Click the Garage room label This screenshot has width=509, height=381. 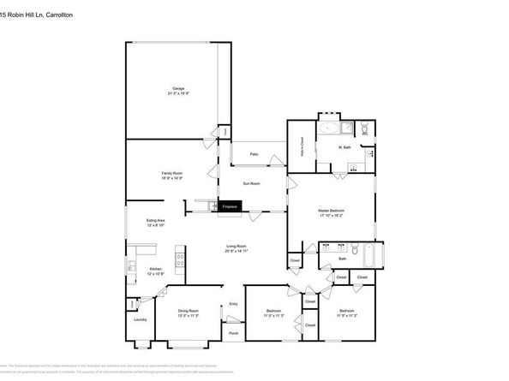coord(178,89)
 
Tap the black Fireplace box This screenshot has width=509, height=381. coord(230,206)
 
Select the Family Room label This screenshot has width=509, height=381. coord(171,173)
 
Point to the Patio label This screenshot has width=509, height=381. coord(254,154)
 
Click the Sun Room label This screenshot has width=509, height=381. coord(252,182)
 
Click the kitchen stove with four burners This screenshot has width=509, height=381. coord(180,255)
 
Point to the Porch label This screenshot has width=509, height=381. coord(232,333)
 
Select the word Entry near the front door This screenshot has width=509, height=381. coord(233,303)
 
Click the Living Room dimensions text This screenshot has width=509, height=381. coord(237,251)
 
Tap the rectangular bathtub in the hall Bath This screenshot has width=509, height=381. coord(369,254)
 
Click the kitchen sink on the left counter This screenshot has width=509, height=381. coord(131,268)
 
